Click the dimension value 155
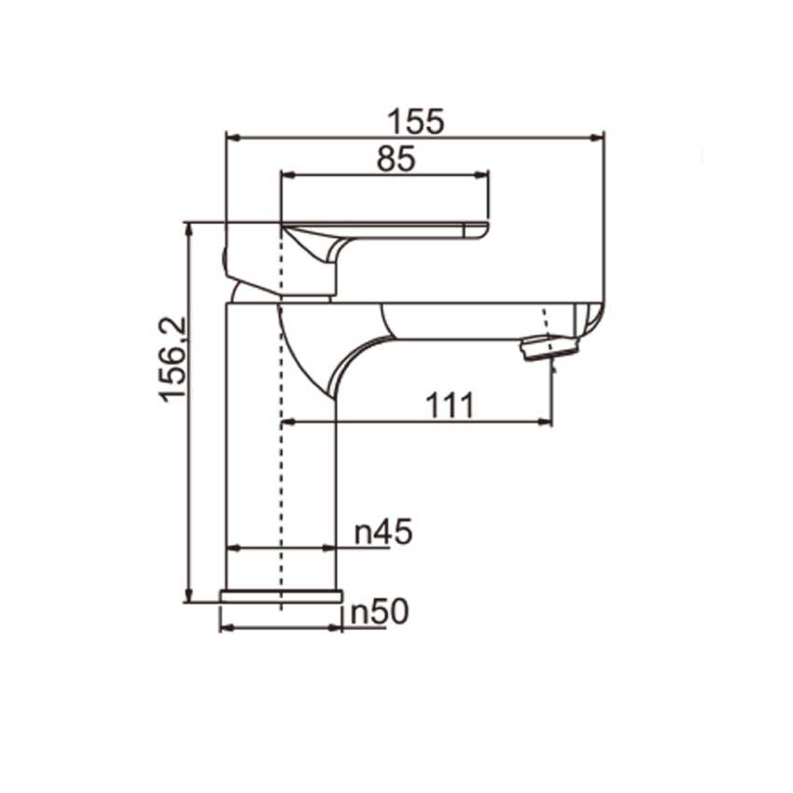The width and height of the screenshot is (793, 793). (x=417, y=121)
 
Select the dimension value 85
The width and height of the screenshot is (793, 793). (x=396, y=159)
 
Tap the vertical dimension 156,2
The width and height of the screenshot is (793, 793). (x=174, y=358)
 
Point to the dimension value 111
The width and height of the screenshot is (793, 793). (x=451, y=406)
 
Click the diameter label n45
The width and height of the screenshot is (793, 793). (x=383, y=533)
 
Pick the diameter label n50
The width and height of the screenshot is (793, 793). (x=380, y=612)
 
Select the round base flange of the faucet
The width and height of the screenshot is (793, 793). (x=281, y=596)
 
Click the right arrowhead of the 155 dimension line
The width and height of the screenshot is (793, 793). (x=597, y=137)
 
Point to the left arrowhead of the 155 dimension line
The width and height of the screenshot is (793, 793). (x=234, y=137)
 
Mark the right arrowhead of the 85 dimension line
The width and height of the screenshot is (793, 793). (x=481, y=174)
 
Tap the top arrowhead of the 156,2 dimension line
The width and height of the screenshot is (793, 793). (x=189, y=229)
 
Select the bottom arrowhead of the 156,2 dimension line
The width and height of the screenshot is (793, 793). (x=189, y=595)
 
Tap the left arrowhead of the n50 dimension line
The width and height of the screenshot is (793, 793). (x=226, y=627)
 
